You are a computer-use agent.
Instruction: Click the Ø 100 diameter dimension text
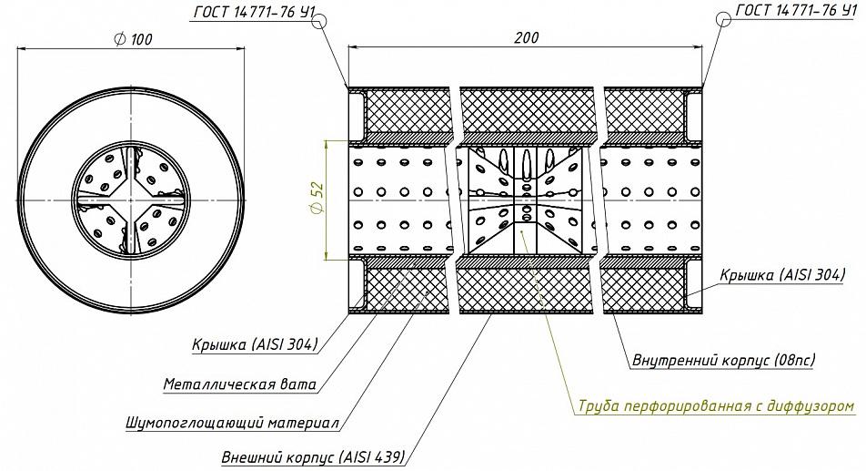[x=133, y=38]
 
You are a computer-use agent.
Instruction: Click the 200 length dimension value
[x=526, y=37]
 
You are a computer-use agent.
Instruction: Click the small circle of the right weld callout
[x=723, y=19]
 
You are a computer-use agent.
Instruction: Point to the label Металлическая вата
[x=240, y=384]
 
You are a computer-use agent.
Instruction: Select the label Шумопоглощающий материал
[x=232, y=423]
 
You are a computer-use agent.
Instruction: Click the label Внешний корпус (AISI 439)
[x=313, y=457]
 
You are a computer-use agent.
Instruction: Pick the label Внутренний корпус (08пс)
[x=723, y=361]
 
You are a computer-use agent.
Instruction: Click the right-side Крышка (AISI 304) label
[x=782, y=275]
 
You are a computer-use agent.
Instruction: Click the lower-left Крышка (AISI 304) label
[x=255, y=344]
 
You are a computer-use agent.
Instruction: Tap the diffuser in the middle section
[x=527, y=200]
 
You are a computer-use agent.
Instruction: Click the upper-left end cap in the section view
[x=357, y=115]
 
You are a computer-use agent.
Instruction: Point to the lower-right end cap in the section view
[x=693, y=286]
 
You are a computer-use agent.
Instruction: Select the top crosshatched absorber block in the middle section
[x=527, y=112]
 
